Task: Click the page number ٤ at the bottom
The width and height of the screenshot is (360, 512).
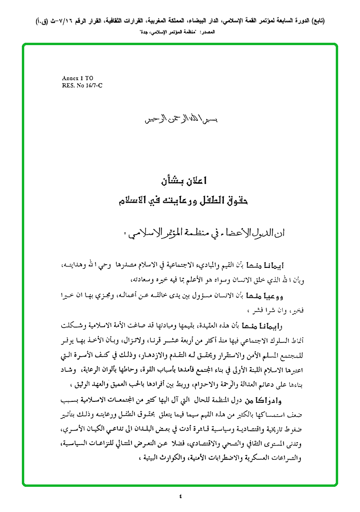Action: [180, 497]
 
